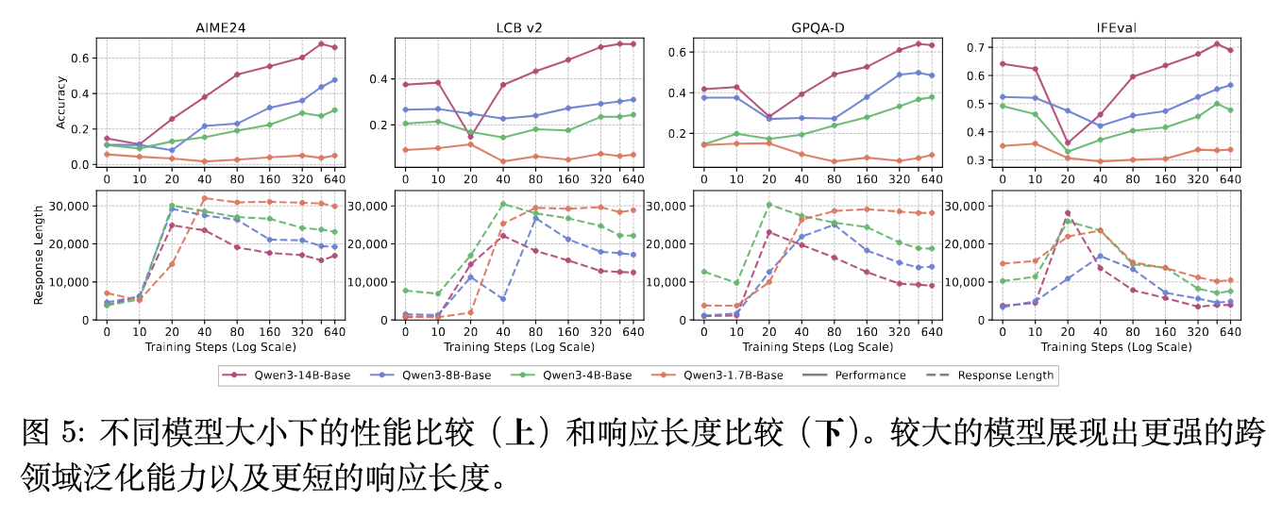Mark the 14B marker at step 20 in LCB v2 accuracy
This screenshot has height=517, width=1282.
[470, 137]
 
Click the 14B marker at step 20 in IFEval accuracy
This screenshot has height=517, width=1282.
[1068, 143]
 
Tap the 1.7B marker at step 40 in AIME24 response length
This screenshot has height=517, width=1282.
[204, 198]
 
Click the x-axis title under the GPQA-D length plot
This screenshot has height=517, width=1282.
[818, 347]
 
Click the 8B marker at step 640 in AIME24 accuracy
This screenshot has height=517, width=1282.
[334, 79]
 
